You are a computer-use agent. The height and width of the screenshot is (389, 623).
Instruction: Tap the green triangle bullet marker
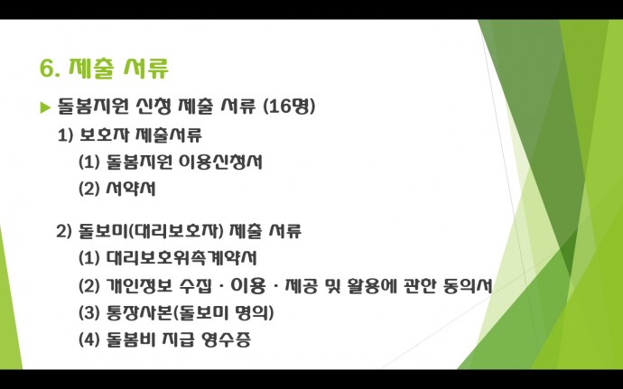(46, 107)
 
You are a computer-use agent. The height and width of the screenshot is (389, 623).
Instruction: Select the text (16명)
(289, 107)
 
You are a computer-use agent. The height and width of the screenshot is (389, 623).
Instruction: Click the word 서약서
(131, 189)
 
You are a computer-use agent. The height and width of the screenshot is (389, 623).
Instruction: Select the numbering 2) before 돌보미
(64, 231)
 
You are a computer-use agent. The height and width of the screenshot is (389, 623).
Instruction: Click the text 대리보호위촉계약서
(181, 258)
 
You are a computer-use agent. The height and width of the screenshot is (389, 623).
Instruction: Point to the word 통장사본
(140, 312)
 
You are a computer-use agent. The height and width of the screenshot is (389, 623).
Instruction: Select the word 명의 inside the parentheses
(252, 312)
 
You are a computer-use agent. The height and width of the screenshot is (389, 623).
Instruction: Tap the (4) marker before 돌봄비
(89, 340)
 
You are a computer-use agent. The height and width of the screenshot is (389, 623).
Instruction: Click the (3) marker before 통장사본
(89, 312)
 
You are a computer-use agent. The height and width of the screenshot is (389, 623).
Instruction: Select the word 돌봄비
(131, 339)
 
